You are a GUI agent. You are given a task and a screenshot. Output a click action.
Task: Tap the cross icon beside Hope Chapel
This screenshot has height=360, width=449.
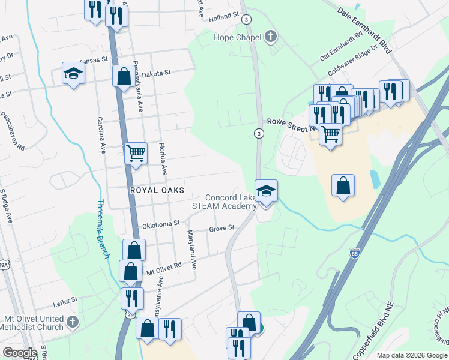[x=270, y=37]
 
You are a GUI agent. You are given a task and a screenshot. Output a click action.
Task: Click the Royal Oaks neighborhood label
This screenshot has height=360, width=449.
[x=157, y=190]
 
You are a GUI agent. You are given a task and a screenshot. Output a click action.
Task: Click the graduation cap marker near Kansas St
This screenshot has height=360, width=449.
[x=73, y=73]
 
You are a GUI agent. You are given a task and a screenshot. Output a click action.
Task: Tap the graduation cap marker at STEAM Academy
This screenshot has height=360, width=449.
[x=266, y=191]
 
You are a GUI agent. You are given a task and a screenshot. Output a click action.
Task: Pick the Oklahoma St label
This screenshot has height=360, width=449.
[x=160, y=223]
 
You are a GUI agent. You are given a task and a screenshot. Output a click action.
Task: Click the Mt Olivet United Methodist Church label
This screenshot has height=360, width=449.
[x=34, y=323]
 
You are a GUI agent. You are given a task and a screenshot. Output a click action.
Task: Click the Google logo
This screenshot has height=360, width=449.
[x=20, y=353]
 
